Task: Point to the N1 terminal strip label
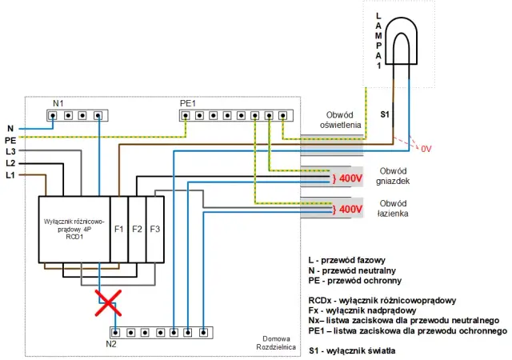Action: (58, 103)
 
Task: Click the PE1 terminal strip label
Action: (188, 103)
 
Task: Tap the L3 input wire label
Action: (10, 151)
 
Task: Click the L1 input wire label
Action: (10, 174)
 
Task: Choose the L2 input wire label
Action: (10, 162)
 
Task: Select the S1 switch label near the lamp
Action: (385, 114)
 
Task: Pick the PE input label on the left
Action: (10, 140)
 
